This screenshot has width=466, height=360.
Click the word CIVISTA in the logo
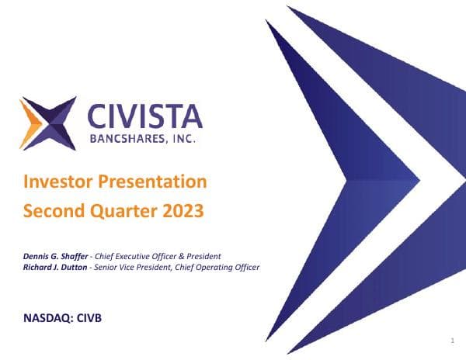(145, 117)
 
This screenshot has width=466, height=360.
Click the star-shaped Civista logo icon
(49, 123)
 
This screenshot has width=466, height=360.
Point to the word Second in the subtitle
(54, 209)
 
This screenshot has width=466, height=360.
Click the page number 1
(451, 341)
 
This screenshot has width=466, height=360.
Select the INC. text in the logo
(185, 141)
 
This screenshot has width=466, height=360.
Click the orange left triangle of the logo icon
(30, 123)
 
